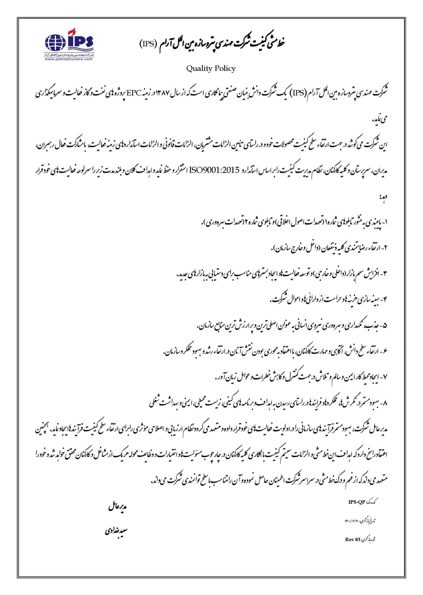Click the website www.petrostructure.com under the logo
pos(69,59)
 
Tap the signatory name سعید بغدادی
pos(116,532)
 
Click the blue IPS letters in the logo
pos(80,42)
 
